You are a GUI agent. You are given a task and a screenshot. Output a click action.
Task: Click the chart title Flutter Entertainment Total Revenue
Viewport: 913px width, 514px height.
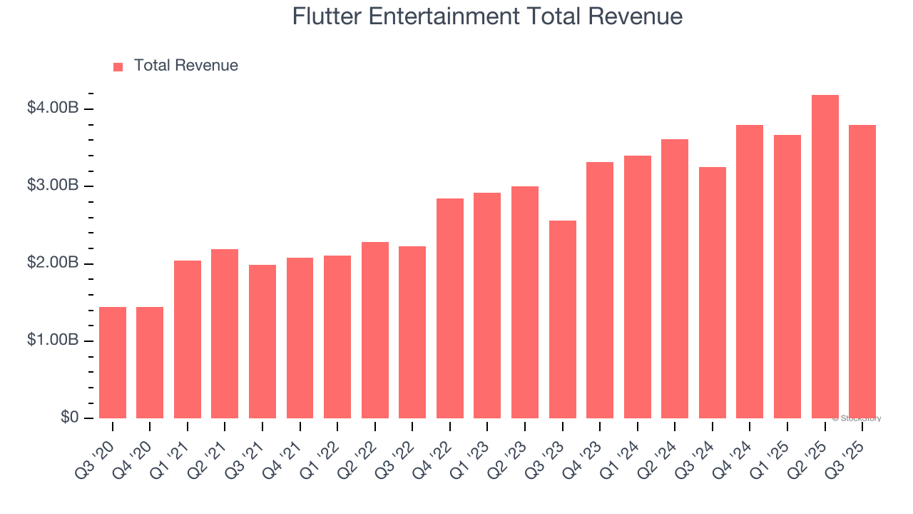coord(487,16)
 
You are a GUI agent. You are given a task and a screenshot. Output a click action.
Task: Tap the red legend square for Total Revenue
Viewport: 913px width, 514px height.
coord(118,66)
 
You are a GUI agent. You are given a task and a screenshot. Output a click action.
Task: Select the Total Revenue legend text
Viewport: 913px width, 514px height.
coord(185,66)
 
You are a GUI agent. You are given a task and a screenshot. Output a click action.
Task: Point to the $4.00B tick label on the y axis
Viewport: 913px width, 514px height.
coord(53,109)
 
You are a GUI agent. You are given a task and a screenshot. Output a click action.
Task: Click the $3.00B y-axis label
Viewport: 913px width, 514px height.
coord(53,186)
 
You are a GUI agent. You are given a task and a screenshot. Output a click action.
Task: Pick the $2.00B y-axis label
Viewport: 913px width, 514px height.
coord(53,263)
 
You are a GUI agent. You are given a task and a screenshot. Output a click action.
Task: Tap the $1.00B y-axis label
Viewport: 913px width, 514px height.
coord(53,341)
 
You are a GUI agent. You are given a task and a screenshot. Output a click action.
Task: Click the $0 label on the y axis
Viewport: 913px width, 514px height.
coord(69,418)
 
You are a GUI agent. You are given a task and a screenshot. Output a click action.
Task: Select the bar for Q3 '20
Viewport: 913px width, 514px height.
coord(113,363)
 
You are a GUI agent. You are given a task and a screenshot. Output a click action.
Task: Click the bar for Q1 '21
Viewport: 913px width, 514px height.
coord(188,340)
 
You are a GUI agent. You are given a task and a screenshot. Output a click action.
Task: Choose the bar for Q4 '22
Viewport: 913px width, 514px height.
coord(450,308)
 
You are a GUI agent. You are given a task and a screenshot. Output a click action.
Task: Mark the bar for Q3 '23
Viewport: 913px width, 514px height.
coord(563,320)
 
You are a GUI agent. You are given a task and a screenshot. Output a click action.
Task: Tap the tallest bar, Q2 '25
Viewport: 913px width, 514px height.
coord(825,257)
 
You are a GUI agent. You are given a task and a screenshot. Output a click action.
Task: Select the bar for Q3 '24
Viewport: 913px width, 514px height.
coord(713,293)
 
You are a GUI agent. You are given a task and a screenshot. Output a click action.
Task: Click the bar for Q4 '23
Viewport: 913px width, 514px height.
coord(600,291)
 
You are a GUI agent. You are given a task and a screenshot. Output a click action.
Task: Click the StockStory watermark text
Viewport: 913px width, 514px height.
coord(857,418)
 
